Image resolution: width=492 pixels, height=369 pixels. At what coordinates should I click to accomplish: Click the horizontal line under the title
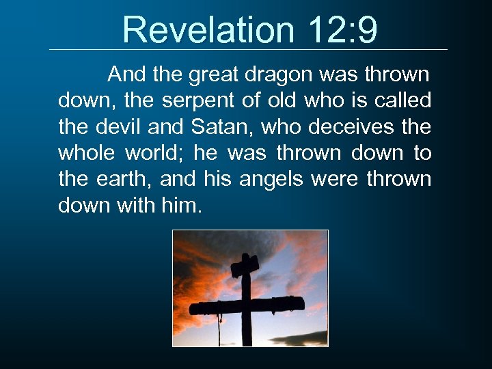(x=249, y=49)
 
